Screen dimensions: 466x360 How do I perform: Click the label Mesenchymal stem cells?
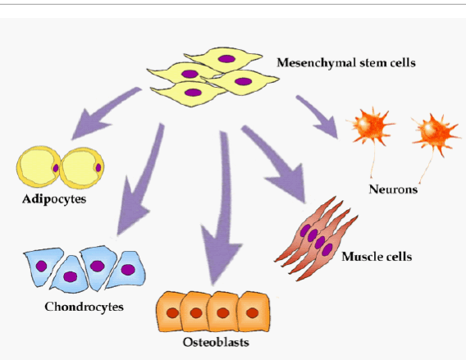pyautogui.click(x=346, y=63)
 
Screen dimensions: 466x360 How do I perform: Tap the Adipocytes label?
pyautogui.click(x=54, y=199)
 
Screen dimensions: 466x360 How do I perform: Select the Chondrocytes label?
pyautogui.click(x=85, y=307)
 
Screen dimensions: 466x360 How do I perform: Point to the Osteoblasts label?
pyautogui.click(x=216, y=342)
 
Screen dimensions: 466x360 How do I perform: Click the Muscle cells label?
pyautogui.click(x=377, y=257)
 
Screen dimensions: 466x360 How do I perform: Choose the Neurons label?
pyautogui.click(x=393, y=189)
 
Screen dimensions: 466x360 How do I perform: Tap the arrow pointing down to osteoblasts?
pyautogui.click(x=223, y=208)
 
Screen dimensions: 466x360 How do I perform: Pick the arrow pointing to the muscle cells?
pyautogui.click(x=276, y=163)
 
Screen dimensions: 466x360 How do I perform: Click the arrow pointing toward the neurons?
pyautogui.click(x=319, y=116)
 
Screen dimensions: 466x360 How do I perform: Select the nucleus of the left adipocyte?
pyautogui.click(x=56, y=168)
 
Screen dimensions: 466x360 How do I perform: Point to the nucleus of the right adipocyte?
pyautogui.click(x=98, y=168)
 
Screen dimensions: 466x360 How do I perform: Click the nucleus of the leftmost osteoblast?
pyautogui.click(x=172, y=313)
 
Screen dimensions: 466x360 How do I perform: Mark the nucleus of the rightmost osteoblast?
pyautogui.click(x=253, y=313)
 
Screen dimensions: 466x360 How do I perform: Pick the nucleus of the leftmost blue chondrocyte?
pyautogui.click(x=41, y=267)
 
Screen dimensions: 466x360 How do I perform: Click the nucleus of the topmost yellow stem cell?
pyautogui.click(x=226, y=59)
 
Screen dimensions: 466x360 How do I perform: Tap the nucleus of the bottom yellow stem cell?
pyautogui.click(x=193, y=93)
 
